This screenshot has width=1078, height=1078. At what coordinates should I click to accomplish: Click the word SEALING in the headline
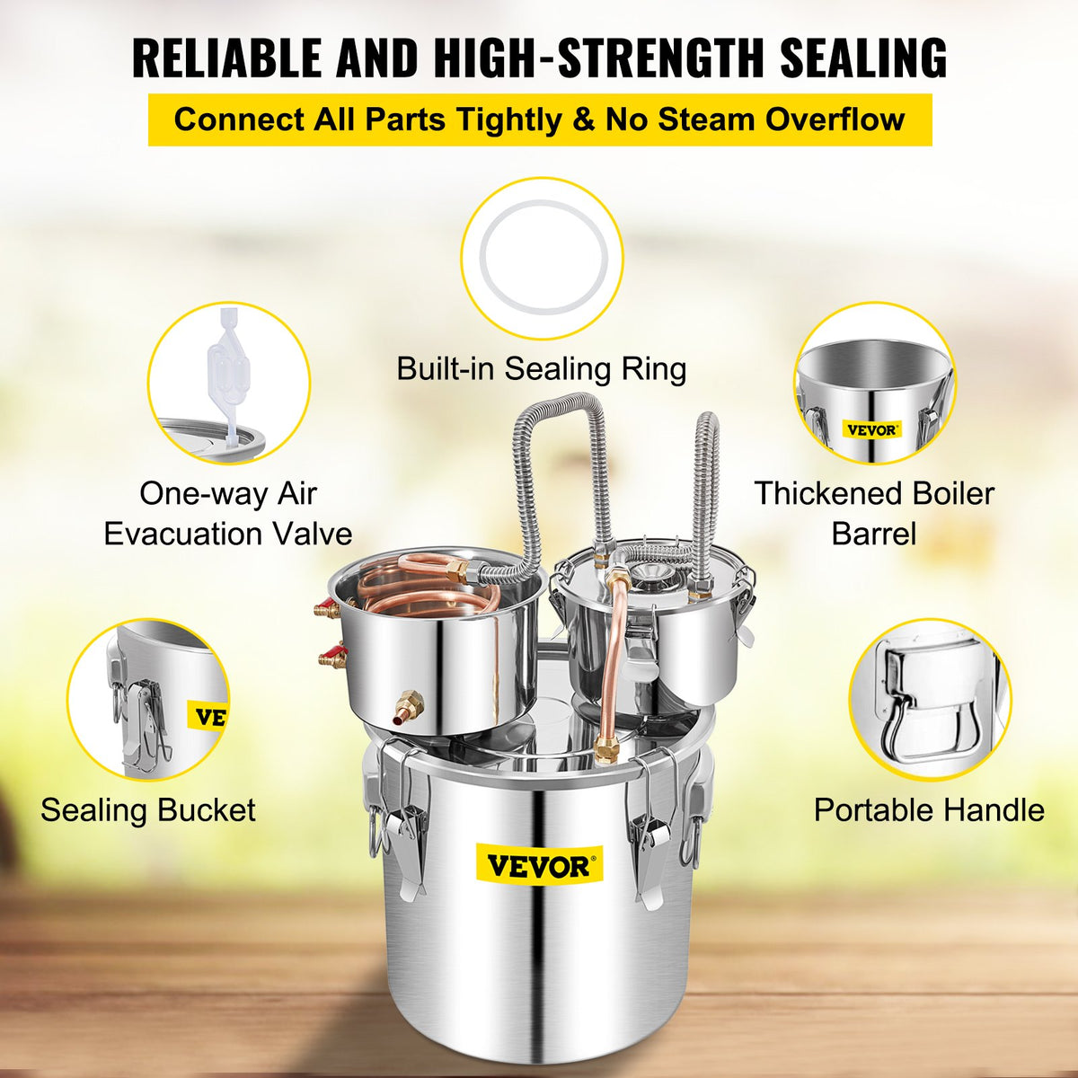pyautogui.click(x=862, y=57)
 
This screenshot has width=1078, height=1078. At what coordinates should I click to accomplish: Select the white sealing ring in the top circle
pyautogui.click(x=542, y=258)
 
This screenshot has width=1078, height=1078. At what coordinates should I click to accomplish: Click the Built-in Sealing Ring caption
pyautogui.click(x=542, y=368)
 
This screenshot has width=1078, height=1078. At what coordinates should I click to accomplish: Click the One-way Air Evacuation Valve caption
pyautogui.click(x=228, y=514)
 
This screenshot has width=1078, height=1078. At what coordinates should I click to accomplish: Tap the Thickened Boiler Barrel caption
pyautogui.click(x=873, y=514)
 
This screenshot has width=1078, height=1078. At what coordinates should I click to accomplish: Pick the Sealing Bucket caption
pyautogui.click(x=148, y=810)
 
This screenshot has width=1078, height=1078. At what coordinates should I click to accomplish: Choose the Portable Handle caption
pyautogui.click(x=929, y=810)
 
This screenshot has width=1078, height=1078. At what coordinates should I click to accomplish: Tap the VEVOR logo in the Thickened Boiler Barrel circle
pyautogui.click(x=870, y=430)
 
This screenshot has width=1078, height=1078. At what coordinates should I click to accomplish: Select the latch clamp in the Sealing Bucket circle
pyautogui.click(x=144, y=719)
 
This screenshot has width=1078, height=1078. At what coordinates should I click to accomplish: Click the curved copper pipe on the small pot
pyautogui.click(x=614, y=665)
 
